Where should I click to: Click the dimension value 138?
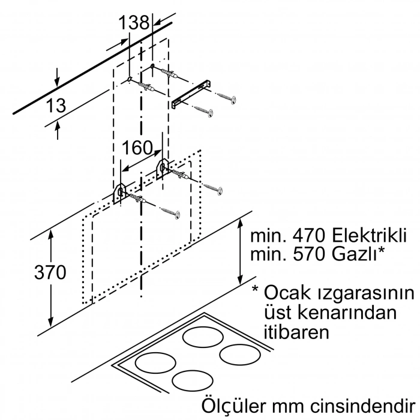133,23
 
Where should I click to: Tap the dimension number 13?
55,106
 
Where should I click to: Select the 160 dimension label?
137,148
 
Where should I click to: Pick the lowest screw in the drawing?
170,211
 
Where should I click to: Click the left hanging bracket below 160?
120,193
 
